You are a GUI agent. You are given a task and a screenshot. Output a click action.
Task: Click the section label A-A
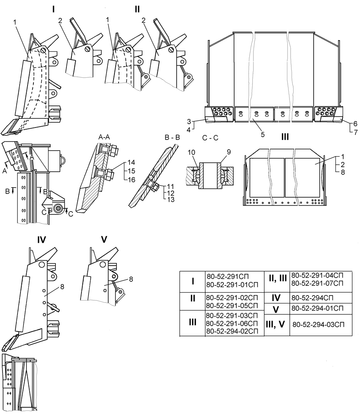[x=104, y=137]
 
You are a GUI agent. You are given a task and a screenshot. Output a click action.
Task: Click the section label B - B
[x=172, y=137]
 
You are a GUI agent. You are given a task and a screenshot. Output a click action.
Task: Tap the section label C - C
[x=210, y=138]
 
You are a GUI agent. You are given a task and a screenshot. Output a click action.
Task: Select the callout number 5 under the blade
[x=263, y=135]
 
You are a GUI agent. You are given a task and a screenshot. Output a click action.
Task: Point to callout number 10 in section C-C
[x=191, y=152]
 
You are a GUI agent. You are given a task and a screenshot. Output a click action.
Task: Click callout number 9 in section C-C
[x=228, y=152]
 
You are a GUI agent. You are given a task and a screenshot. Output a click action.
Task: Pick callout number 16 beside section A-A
[x=132, y=180]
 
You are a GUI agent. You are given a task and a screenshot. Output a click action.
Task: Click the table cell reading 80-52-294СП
[x=312, y=298]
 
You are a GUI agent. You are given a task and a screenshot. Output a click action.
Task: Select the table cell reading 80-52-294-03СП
[x=319, y=324]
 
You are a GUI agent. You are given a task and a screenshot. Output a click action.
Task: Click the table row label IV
[x=276, y=298]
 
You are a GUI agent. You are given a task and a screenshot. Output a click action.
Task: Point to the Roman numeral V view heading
[x=104, y=240]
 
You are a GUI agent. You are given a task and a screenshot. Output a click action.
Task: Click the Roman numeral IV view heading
[x=41, y=240]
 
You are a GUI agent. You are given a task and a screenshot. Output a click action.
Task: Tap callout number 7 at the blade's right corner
[x=356, y=132]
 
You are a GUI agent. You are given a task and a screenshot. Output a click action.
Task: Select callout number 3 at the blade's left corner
[x=189, y=122]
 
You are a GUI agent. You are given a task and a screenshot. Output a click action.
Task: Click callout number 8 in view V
[x=131, y=279]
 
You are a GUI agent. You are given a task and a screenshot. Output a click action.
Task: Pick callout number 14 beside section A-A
[x=132, y=162]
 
